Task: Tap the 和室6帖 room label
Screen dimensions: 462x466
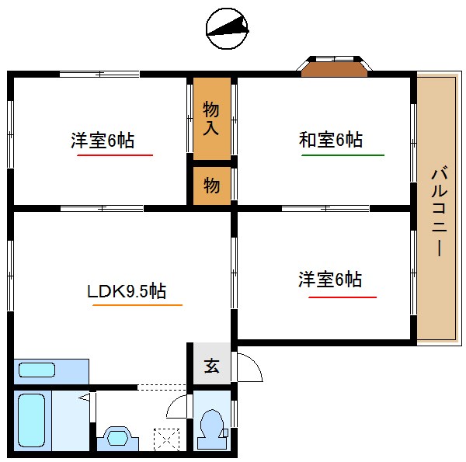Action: pos(331,141)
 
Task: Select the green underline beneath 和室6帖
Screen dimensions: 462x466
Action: pos(343,155)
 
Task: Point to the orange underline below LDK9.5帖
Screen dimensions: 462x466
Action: pos(137,305)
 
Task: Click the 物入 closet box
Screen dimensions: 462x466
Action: pos(212,117)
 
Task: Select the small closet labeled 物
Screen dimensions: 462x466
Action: pos(212,186)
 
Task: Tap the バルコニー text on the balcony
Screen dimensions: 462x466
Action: pos(436,210)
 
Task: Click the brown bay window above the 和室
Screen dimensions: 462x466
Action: pos(335,70)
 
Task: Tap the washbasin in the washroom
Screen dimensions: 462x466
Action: pos(118,438)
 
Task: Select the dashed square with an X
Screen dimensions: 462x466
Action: pos(165,439)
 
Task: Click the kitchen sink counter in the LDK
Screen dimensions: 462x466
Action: pos(51,371)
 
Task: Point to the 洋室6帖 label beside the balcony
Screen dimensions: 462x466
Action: pos(330,280)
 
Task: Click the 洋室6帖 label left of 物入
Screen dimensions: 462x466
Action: pos(103,141)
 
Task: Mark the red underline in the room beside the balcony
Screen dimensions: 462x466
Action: pos(343,297)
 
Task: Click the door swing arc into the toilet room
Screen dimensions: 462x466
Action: pos(178,407)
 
